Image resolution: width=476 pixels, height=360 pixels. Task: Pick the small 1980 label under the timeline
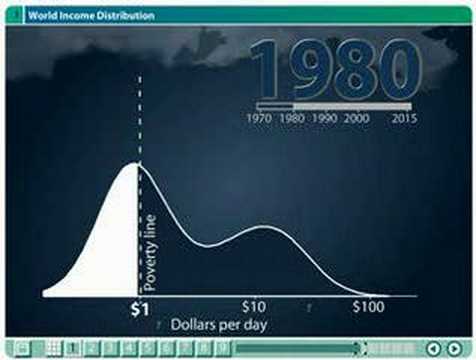coord(291,117)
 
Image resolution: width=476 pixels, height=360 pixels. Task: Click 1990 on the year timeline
coord(326,117)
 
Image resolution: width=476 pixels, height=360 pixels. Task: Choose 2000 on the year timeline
coord(359,117)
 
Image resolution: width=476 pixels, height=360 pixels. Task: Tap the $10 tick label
coord(252,305)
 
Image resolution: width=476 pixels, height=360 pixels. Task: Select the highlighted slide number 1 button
coord(73,348)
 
